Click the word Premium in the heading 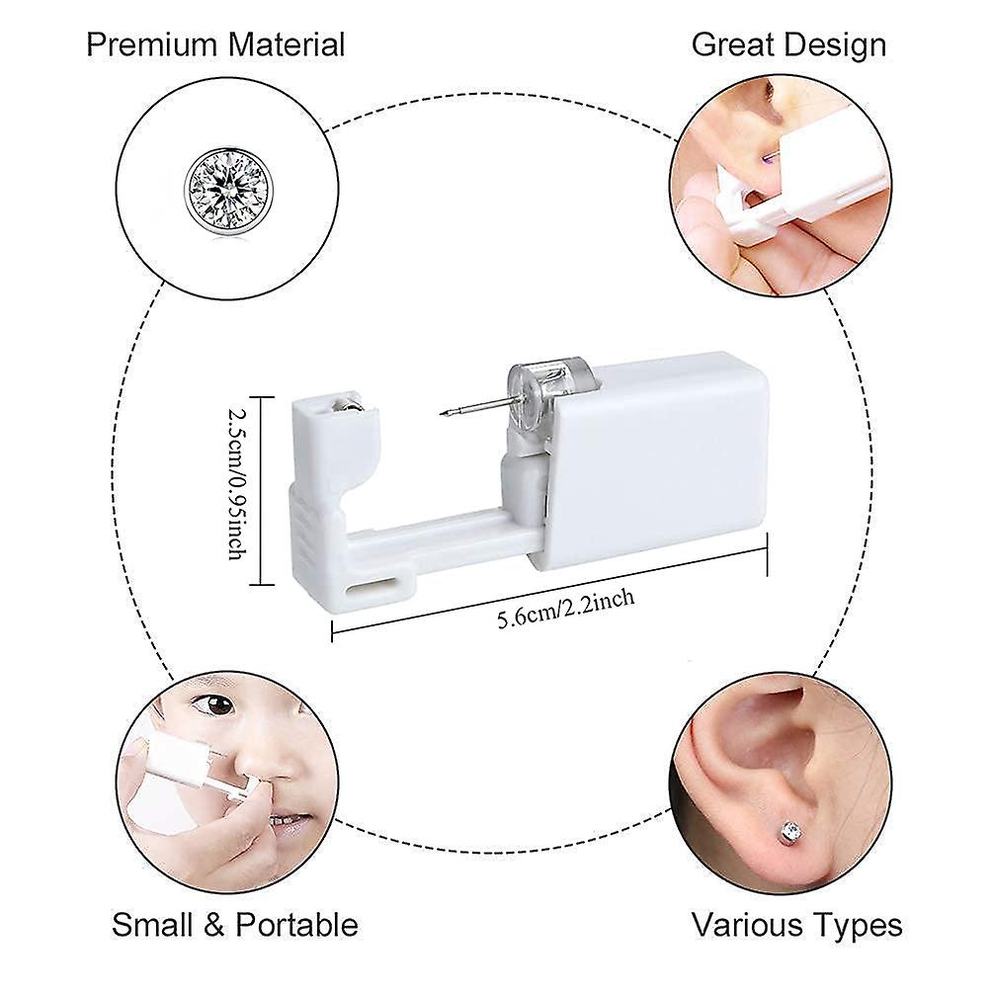click(152, 45)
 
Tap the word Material click(287, 45)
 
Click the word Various click(745, 925)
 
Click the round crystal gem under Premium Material click(226, 193)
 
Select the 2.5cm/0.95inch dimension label click(237, 483)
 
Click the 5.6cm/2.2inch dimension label click(565, 609)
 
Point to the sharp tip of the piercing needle click(441, 415)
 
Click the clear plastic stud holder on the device click(543, 398)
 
